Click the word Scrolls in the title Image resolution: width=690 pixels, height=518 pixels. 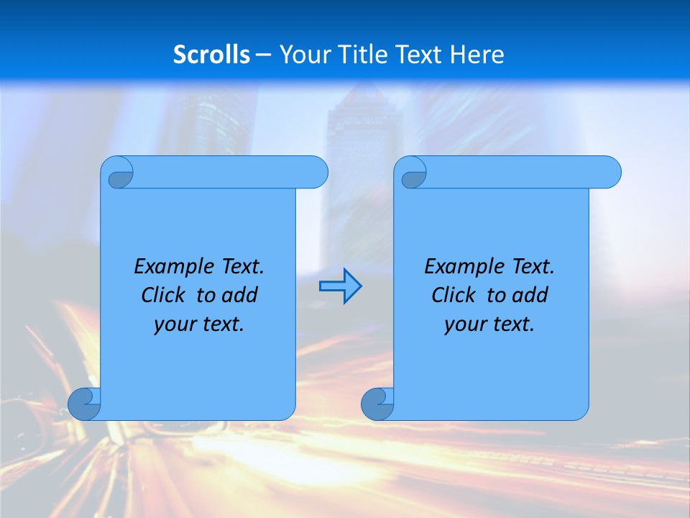coord(212,55)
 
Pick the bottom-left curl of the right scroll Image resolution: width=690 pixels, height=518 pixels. coord(378,404)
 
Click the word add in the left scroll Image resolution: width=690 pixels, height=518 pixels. coord(240,295)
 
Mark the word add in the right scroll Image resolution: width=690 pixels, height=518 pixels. coord(530,295)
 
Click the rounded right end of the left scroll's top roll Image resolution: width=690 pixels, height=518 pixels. coord(317,172)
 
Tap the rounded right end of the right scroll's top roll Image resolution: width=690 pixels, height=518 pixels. coord(610,172)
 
